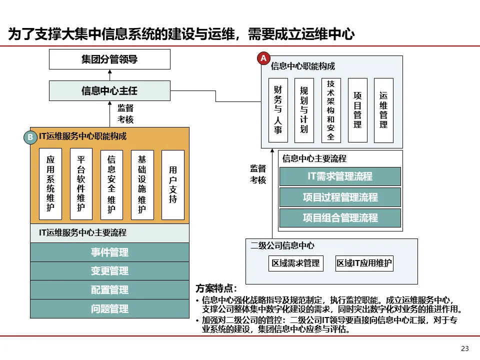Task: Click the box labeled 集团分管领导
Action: coord(109,59)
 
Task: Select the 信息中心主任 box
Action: coord(109,91)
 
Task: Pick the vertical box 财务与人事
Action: coord(278,110)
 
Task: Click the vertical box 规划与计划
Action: coord(304,110)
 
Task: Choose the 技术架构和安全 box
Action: coord(330,110)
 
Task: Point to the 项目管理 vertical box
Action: coord(357,110)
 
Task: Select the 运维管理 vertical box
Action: coord(383,110)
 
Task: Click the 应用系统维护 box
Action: coord(50,184)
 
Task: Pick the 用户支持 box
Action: coord(173,184)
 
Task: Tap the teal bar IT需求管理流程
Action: coord(340,176)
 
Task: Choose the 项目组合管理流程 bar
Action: coord(340,218)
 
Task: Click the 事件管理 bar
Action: coord(109,252)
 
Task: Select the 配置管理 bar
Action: coord(109,290)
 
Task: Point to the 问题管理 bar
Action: coord(109,308)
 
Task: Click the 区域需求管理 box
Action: coord(295,263)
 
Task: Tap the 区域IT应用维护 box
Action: coord(364,263)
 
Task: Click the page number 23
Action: coord(464,348)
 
